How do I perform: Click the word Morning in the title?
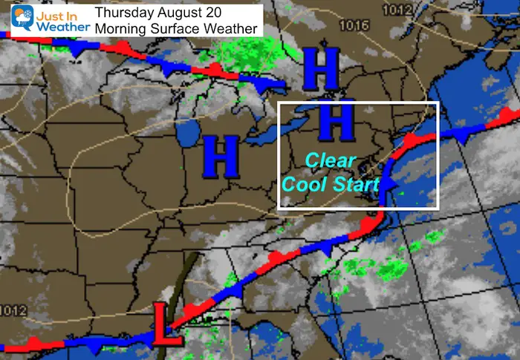pyautogui.click(x=121, y=29)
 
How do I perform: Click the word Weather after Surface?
pyautogui.click(x=232, y=29)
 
